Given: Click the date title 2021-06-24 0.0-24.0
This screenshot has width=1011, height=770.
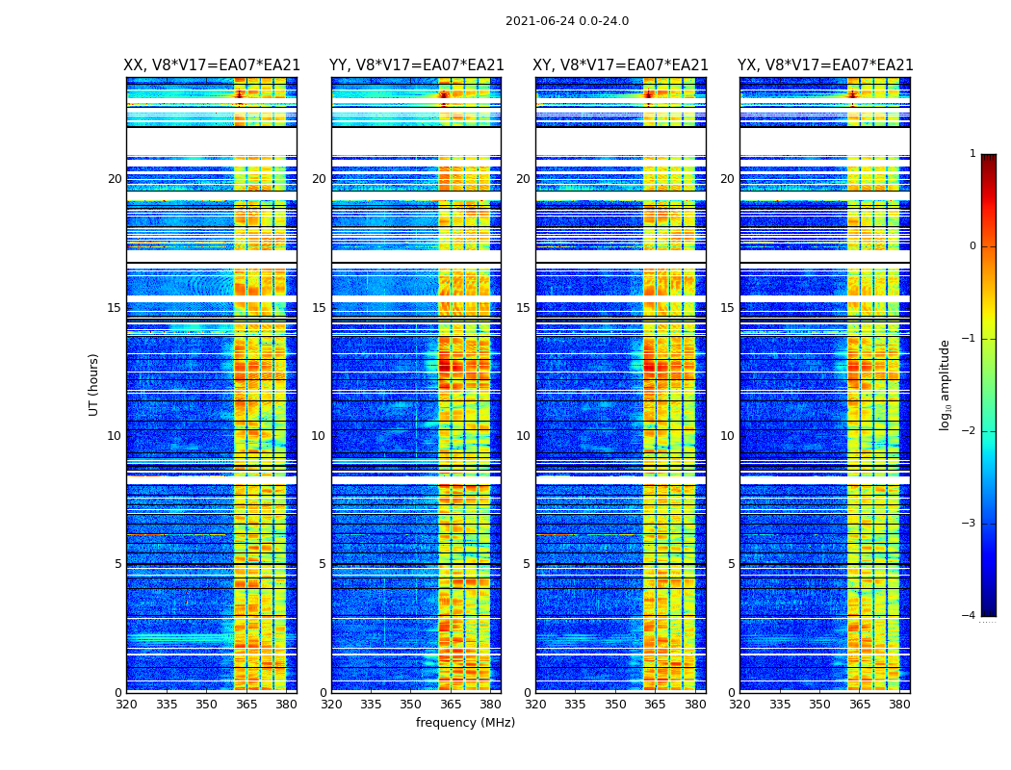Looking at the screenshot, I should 567,21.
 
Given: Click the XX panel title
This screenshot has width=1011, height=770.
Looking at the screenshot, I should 212,65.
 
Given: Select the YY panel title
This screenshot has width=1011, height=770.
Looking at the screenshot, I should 416,65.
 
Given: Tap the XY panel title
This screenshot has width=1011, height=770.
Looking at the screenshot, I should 621,65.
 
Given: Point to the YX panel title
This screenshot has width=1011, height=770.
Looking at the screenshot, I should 825,65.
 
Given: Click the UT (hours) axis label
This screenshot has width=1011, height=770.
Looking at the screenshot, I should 94,384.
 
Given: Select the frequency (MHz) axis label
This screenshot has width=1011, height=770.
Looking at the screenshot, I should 465,723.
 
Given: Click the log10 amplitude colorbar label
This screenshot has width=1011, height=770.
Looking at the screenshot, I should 946,384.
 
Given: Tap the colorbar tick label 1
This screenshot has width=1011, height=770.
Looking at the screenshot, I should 972,154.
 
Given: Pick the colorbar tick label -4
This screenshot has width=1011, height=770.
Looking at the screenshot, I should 970,616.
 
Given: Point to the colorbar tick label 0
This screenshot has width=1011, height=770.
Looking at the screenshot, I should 972,246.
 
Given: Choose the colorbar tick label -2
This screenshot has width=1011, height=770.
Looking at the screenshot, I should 970,431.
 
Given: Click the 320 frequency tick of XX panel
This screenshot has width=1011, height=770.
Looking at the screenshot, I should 126,705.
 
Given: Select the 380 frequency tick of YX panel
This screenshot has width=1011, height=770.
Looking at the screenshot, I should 899,705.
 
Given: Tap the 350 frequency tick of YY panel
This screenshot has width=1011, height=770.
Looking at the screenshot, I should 411,705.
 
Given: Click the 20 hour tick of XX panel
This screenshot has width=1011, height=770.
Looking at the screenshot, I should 115,179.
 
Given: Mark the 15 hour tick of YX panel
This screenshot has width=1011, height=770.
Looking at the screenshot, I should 728,308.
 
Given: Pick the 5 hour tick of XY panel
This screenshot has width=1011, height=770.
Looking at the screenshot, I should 527,564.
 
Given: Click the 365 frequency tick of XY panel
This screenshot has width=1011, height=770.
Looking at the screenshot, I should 656,705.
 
